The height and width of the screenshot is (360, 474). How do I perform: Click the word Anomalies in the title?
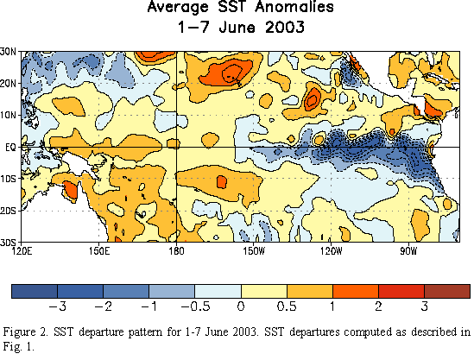(x=294, y=7)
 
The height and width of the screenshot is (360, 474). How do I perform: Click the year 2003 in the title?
(x=285, y=28)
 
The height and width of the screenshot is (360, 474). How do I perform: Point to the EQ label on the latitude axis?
(x=10, y=148)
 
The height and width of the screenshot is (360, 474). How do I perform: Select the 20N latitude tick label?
(x=8, y=84)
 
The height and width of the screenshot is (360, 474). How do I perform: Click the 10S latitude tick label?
(x=8, y=179)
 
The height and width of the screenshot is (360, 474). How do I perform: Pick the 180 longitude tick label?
(x=176, y=251)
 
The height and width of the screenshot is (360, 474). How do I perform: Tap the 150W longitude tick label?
(x=254, y=251)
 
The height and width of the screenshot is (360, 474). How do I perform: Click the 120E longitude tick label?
(x=22, y=251)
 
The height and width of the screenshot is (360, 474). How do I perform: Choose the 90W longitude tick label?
(x=408, y=251)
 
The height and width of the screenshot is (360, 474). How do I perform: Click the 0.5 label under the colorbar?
(x=287, y=306)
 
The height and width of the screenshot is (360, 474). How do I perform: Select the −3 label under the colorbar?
(x=58, y=306)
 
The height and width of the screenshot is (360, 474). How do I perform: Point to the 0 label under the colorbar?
(x=241, y=306)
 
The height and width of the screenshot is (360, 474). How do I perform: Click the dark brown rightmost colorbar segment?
(x=447, y=291)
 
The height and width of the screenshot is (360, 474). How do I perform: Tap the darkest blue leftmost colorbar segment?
(x=35, y=291)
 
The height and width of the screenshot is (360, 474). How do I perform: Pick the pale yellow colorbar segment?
(x=264, y=291)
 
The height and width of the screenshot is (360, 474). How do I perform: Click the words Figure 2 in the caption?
(x=25, y=332)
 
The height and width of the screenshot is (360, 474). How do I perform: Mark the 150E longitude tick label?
(x=99, y=251)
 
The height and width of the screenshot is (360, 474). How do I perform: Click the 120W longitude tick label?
(x=332, y=251)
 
